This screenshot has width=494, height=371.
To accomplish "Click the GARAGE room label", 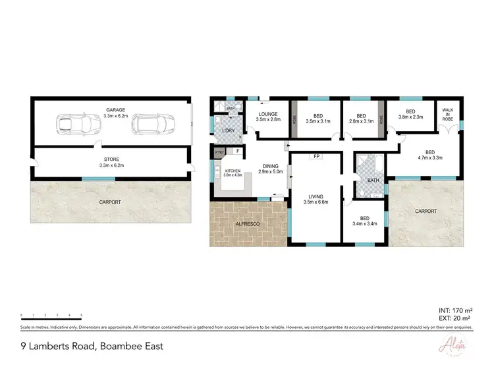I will pyautogui.click(x=115, y=110).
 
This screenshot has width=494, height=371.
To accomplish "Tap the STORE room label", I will pyautogui.click(x=111, y=159).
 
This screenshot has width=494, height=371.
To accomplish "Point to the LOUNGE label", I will pyautogui.click(x=267, y=114).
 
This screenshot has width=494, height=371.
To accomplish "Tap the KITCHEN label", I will pyautogui.click(x=234, y=171).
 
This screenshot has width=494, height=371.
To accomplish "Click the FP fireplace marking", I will pyautogui.click(x=317, y=157).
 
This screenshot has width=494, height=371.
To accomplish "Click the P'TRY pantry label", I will pyautogui.click(x=219, y=154).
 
